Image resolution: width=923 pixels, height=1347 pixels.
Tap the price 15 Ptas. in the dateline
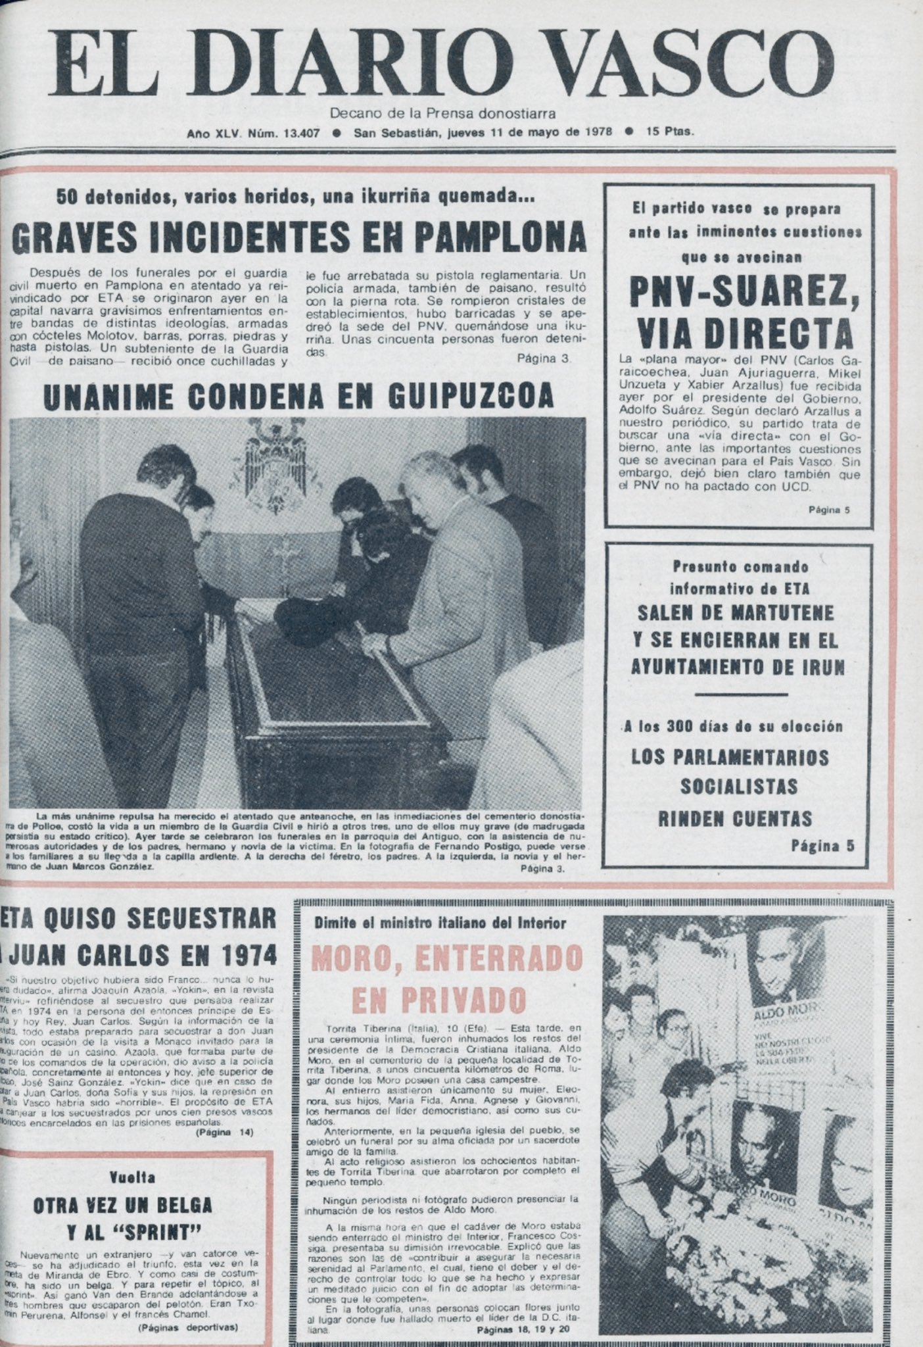[669, 132]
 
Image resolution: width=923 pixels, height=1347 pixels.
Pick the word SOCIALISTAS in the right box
[739, 786]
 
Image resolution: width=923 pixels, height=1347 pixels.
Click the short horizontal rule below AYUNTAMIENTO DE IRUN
[740, 694]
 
